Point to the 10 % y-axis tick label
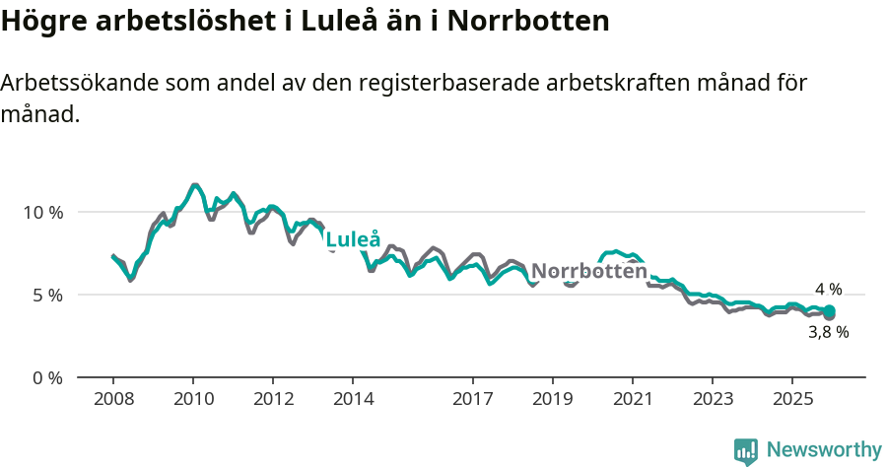[x=42, y=212]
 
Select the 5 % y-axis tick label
[x=46, y=295]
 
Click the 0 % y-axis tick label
[x=46, y=377]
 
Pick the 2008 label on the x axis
[x=113, y=399]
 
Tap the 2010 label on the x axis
[x=193, y=399]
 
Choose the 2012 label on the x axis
[x=273, y=399]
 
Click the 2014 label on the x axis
[x=353, y=399]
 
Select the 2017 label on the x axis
[x=473, y=399]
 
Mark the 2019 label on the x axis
[x=553, y=399]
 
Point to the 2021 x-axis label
[x=633, y=399]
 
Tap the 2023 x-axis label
[x=713, y=399]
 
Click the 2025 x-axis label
[x=792, y=399]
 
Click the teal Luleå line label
[x=353, y=239]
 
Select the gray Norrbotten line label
[x=588, y=271]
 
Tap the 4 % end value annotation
[x=828, y=290]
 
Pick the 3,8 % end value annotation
[x=828, y=333]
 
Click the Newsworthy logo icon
[x=746, y=451]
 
